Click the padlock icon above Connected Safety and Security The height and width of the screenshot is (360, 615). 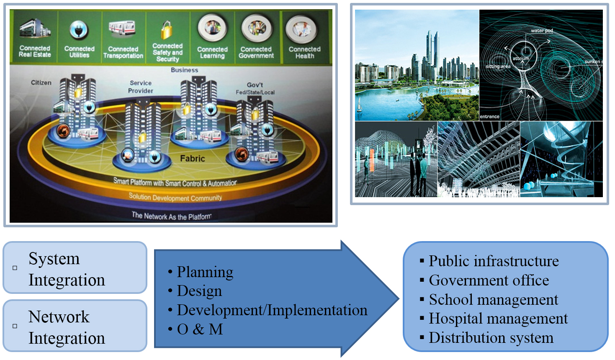167,30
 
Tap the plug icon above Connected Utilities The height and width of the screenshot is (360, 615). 79,30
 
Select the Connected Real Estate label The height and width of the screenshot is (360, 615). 35,51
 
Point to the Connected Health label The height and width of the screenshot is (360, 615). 304,52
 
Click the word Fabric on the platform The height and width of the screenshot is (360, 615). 193,159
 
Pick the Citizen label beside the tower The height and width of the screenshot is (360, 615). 41,83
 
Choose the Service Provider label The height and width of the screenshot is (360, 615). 141,87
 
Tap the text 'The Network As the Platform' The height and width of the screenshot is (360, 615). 172,216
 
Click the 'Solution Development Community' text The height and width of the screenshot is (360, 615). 175,197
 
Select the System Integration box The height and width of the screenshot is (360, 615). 75,268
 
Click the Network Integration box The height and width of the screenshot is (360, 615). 75,326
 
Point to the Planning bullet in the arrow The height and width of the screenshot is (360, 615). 205,272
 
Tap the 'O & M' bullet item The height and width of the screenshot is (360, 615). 200,329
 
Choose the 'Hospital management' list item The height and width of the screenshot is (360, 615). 498,319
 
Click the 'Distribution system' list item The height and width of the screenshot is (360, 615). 491,338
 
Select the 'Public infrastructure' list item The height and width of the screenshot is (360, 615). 494,261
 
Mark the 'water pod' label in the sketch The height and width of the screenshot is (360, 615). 542,31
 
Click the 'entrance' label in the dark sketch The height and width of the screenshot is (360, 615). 489,117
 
